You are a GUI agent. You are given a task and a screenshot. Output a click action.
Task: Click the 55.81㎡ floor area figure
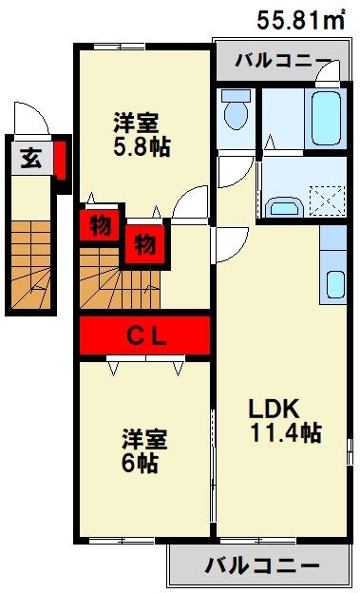coord(302,18)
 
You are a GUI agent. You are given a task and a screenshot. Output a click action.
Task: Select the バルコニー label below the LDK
coord(260,566)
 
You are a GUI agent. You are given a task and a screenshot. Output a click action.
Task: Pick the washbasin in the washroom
coord(282,206)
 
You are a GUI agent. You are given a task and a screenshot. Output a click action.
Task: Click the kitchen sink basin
coord(334,283)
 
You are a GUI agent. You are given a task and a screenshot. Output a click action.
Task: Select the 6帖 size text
coord(141,464)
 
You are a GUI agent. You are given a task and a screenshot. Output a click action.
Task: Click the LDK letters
coord(275,409)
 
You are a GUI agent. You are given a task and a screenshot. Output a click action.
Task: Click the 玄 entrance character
coord(31,158)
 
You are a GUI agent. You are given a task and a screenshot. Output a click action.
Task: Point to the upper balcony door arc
coord(324,70)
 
